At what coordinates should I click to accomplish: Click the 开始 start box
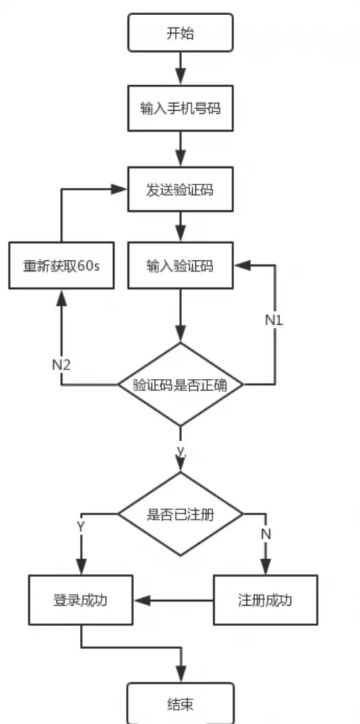click(x=180, y=34)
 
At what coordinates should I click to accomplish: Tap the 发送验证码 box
click(x=180, y=189)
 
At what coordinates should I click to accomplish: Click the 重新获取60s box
click(x=61, y=265)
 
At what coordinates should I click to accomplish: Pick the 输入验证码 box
click(x=180, y=265)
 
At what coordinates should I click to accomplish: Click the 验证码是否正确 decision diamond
click(x=180, y=385)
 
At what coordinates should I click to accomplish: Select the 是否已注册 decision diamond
click(x=180, y=514)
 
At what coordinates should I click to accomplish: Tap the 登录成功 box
click(x=81, y=599)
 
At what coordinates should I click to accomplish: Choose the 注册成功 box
click(x=266, y=599)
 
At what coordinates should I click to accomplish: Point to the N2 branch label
click(x=61, y=365)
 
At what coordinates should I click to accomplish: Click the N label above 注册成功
click(x=266, y=535)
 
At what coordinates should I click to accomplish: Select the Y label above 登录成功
click(x=81, y=527)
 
